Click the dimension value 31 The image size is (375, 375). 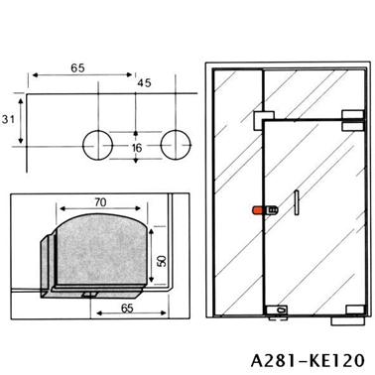[8, 119]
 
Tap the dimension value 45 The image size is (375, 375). [144, 82]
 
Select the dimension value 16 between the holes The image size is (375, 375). [137, 148]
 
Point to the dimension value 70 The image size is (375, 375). [100, 202]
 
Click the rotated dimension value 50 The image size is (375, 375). [162, 261]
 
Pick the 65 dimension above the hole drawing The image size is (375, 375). [77, 68]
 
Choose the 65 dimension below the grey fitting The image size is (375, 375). [127, 309]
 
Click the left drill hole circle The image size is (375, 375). [97, 145]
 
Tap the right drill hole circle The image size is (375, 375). [176, 145]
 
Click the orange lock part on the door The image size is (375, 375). [258, 210]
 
